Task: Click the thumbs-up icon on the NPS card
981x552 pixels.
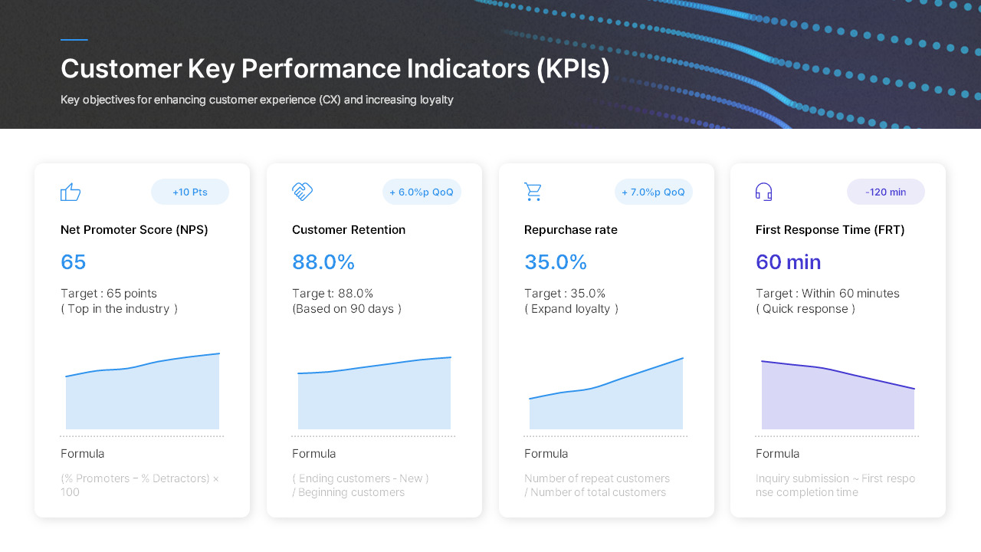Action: click(71, 192)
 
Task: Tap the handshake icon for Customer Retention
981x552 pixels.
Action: click(303, 192)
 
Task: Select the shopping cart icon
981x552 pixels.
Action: click(533, 192)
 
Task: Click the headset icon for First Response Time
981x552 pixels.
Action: click(763, 192)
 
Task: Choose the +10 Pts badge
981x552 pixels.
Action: click(190, 192)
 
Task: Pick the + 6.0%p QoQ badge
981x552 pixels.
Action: click(422, 192)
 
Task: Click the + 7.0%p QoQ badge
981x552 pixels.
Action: click(653, 192)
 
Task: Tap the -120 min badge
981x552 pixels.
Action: click(885, 192)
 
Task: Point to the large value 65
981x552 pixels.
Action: click(74, 262)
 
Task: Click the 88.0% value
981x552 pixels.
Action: click(323, 262)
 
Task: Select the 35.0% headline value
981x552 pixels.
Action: click(556, 262)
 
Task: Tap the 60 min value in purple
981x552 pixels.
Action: click(788, 262)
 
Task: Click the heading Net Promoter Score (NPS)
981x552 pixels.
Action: click(134, 230)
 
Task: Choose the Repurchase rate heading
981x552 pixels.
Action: click(570, 230)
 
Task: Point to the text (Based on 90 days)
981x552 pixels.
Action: click(346, 309)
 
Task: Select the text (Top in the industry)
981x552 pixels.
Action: click(120, 309)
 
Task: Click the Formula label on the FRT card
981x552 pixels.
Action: click(777, 454)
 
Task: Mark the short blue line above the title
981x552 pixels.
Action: click(74, 40)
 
